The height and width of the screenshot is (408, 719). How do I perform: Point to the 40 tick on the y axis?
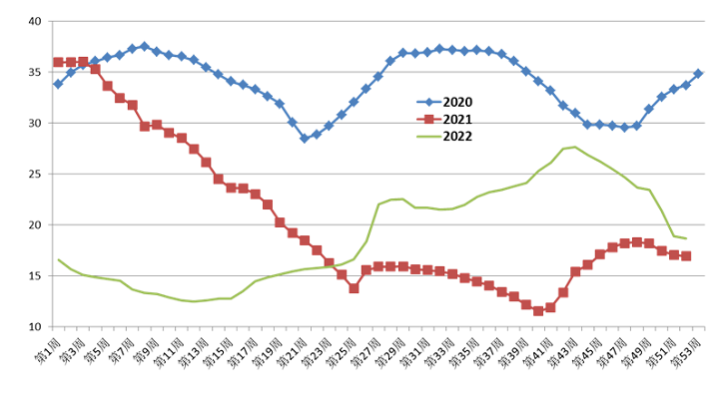(x=35, y=21)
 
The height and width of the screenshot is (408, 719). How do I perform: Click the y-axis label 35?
(x=35, y=72)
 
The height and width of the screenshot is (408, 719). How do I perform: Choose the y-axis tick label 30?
(x=35, y=123)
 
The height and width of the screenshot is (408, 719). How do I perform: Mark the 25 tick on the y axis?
(x=35, y=174)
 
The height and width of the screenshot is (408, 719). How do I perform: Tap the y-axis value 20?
(x=35, y=224)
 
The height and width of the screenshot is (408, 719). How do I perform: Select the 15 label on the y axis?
(x=35, y=275)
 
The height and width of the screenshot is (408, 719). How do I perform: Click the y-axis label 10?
(x=35, y=326)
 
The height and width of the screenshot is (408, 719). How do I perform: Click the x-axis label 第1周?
(x=51, y=351)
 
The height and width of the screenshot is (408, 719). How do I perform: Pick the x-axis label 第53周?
(x=690, y=351)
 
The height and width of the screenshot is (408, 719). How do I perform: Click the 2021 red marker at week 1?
(x=58, y=62)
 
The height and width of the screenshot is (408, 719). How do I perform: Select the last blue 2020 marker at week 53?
(x=698, y=74)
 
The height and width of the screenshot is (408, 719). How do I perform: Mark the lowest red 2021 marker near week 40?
(x=538, y=310)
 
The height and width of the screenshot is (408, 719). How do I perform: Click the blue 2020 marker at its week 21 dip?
(x=305, y=139)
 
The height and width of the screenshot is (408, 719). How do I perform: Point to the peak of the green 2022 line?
(x=575, y=148)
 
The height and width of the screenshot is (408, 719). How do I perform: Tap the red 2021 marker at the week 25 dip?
(x=354, y=288)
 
